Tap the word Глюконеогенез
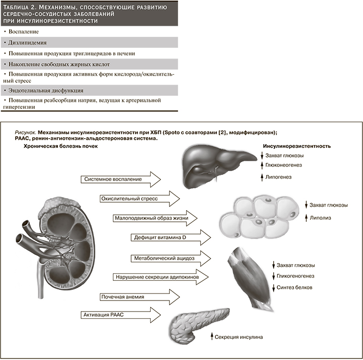click(283, 165)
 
